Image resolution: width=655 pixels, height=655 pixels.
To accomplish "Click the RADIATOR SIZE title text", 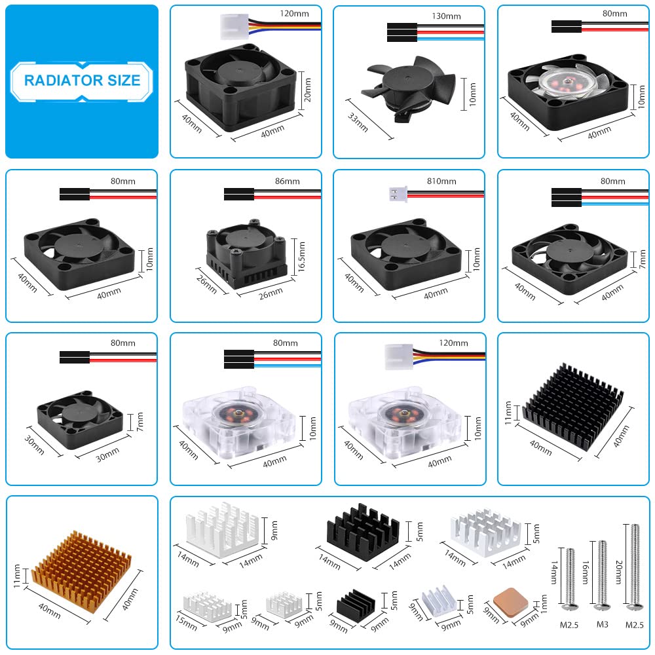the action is [82, 80].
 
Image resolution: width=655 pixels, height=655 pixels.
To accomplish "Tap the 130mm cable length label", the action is [446, 16].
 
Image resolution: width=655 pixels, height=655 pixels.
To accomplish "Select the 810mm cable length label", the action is [441, 181].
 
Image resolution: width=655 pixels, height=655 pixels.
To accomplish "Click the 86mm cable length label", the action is [288, 181].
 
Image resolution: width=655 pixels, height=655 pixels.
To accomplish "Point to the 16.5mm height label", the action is [301, 257].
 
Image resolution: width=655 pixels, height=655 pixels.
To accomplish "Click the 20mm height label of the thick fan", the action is [307, 90].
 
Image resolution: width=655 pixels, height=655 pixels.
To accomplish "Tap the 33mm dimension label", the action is [358, 122].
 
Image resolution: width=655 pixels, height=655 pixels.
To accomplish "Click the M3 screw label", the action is [603, 624].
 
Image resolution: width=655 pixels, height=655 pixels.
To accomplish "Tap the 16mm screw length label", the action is [585, 572].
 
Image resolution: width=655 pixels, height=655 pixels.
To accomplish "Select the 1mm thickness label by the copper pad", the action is [544, 604].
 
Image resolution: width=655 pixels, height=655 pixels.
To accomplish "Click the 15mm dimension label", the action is [186, 622].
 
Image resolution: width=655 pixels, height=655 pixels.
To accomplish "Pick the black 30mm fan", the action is [80, 419].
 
